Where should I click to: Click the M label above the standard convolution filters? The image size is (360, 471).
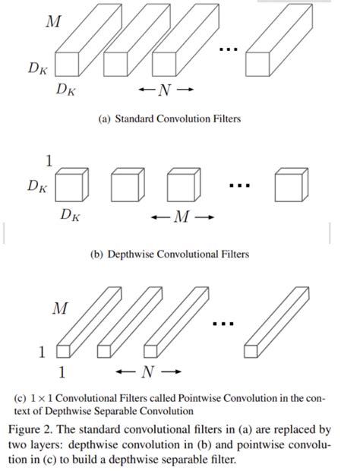52,22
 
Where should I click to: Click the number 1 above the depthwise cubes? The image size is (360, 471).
50,160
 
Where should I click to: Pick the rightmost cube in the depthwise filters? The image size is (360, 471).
292,185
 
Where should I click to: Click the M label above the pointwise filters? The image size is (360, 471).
59,308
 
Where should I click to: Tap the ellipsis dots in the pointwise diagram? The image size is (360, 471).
223,324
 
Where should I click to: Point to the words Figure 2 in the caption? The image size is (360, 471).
30,429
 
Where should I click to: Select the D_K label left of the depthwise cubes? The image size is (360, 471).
36,185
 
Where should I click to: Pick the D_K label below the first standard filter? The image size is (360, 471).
65,90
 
